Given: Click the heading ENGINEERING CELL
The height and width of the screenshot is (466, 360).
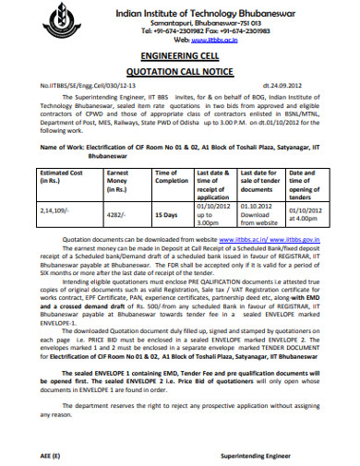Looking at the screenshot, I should [x=179, y=56].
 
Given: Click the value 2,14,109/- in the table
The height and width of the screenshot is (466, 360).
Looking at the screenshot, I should [x=54, y=210].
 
